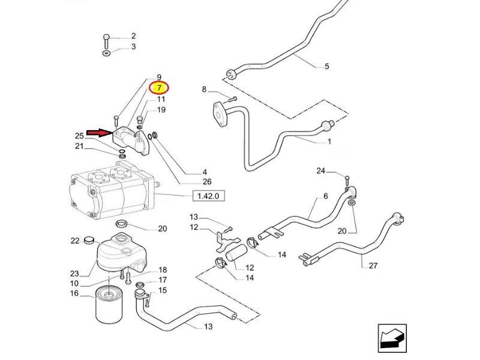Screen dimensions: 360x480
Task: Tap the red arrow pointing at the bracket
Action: [98, 132]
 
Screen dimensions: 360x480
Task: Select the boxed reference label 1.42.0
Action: [206, 196]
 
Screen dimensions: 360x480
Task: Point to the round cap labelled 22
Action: [92, 241]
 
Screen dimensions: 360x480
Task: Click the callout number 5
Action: [326, 66]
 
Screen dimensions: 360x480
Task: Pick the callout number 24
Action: [321, 171]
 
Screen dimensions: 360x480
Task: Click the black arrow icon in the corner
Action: [392, 337]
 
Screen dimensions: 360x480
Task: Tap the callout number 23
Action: [74, 273]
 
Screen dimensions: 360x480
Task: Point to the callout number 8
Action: [204, 90]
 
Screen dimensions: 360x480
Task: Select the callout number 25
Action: [79, 136]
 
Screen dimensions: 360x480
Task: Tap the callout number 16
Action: [74, 293]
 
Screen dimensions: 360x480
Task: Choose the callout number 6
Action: [326, 196]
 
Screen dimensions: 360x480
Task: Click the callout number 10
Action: [74, 283]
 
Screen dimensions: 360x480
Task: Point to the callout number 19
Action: [161, 110]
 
